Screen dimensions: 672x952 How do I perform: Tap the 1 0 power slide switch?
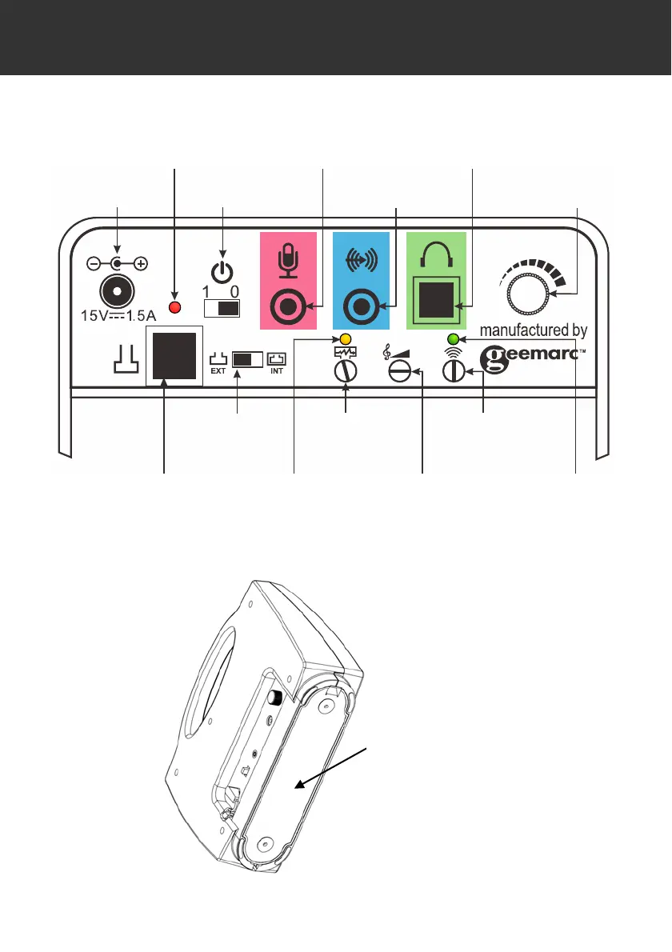coord(222,309)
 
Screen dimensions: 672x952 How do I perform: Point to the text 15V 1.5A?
coord(118,314)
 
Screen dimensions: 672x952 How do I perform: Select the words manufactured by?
coord(534,330)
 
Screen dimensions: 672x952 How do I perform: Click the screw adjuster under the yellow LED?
coord(346,372)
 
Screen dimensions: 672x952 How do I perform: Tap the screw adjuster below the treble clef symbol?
coord(400,372)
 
